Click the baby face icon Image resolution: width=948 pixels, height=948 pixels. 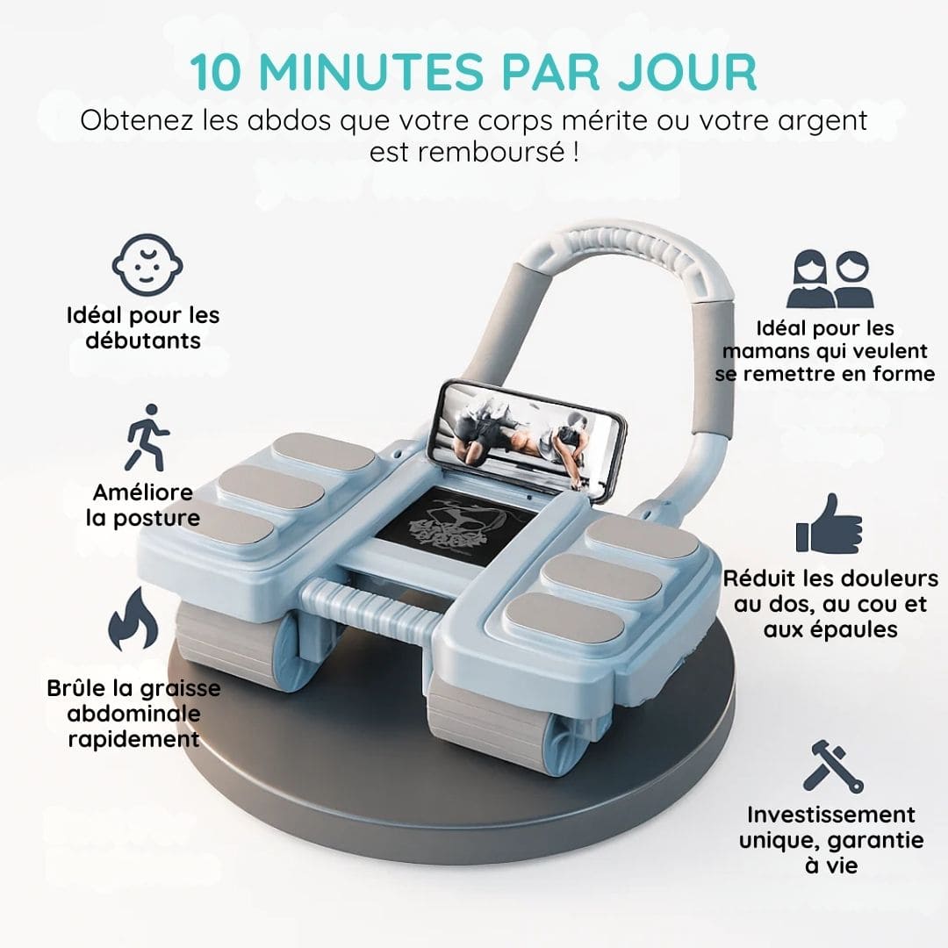tap(147, 265)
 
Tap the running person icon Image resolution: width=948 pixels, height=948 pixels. tap(147, 438)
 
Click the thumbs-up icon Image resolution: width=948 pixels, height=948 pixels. tap(829, 523)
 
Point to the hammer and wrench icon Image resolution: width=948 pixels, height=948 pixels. tap(832, 766)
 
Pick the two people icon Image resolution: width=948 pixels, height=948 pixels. tap(830, 279)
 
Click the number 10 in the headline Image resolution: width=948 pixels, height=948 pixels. tap(216, 73)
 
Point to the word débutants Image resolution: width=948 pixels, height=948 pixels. tap(143, 341)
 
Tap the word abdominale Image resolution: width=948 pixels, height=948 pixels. tap(133, 714)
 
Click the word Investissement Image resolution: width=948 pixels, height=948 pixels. tap(830, 815)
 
